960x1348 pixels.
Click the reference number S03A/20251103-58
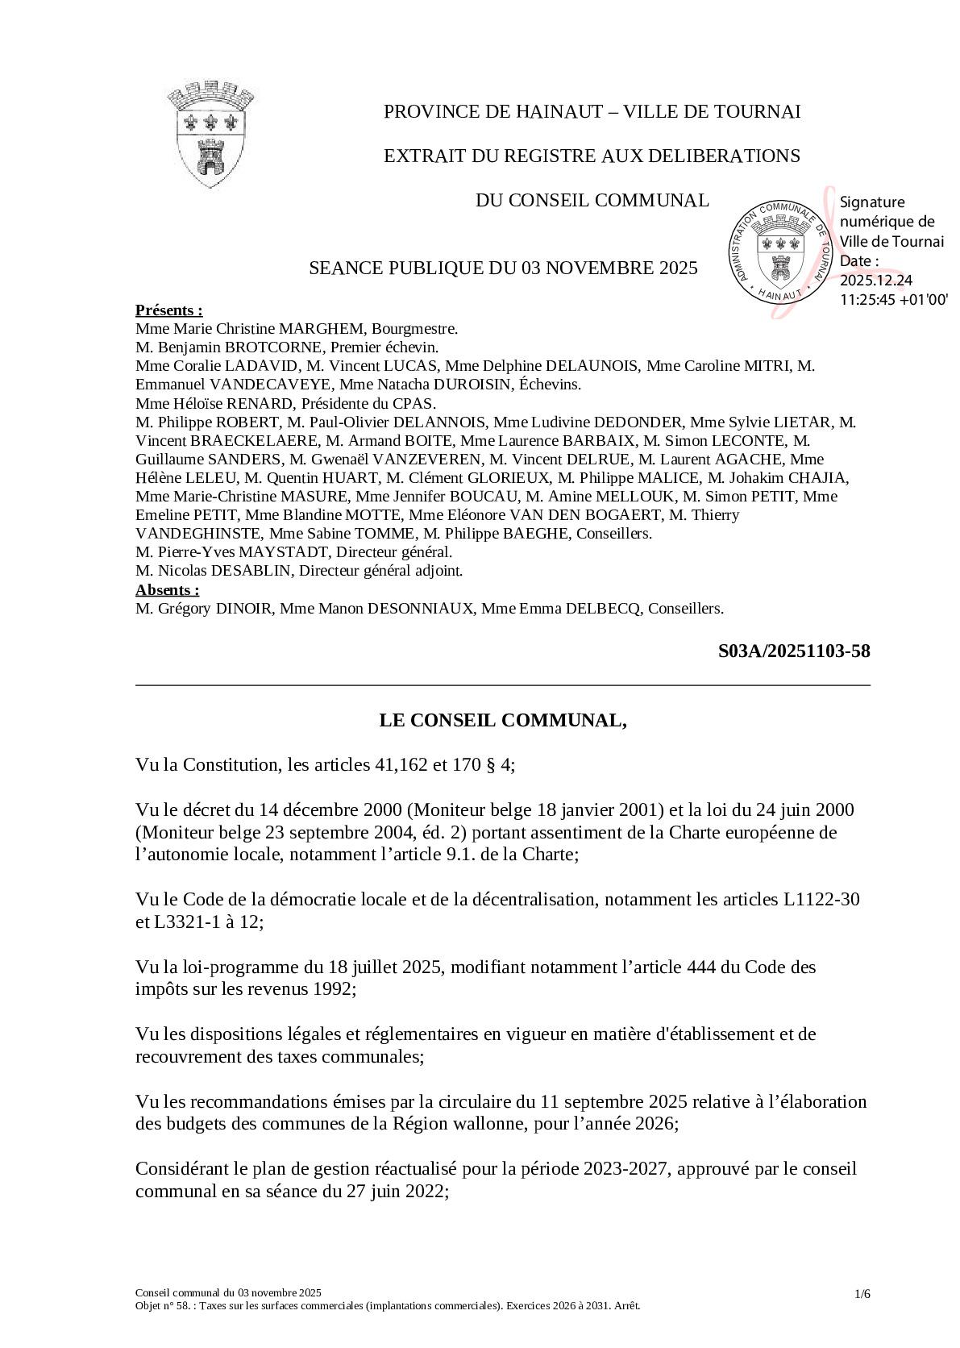[793, 651]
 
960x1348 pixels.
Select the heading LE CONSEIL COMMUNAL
[503, 720]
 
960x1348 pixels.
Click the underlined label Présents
[168, 310]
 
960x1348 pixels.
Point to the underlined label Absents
[167, 589]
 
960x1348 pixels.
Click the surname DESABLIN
[257, 571]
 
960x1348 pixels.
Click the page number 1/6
[862, 1294]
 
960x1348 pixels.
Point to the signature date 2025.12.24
[876, 280]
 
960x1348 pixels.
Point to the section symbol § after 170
[491, 764]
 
